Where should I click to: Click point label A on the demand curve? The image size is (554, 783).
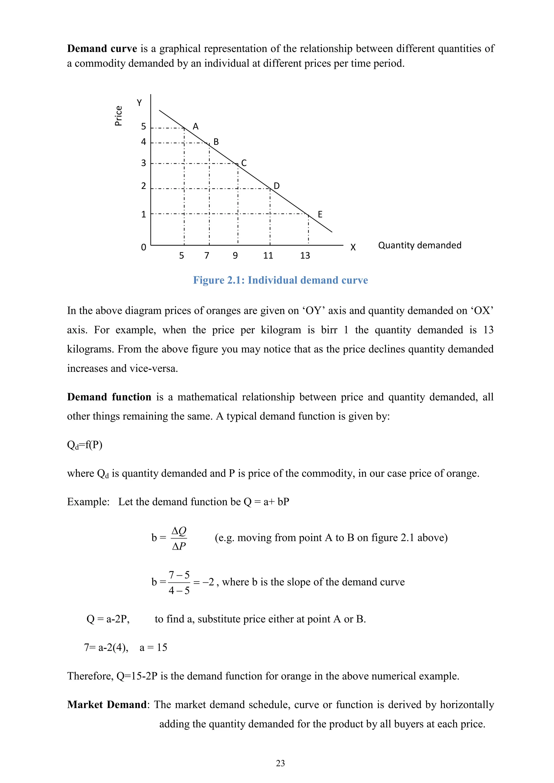coord(196,127)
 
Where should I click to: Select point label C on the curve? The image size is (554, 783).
coord(244,163)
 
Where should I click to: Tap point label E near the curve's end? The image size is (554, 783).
coord(320,214)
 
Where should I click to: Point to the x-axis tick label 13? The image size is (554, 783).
coord(305,256)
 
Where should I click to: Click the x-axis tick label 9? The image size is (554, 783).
coord(235,256)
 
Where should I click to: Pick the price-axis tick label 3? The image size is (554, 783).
coord(144,163)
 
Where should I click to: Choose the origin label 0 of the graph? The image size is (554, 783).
coord(144,247)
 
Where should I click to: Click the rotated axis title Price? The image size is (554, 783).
coord(118,116)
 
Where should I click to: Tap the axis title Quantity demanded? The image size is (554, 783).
coord(420,245)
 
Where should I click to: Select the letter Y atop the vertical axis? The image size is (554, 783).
coord(139,103)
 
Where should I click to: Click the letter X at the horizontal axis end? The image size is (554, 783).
coord(353,247)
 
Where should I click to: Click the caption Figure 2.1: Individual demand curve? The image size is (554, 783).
coord(281,280)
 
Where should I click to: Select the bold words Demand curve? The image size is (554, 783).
coord(102,48)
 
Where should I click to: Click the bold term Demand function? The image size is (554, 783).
coord(109,397)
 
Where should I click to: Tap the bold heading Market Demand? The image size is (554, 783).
coord(107,705)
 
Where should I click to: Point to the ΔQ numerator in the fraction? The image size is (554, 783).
coord(179,531)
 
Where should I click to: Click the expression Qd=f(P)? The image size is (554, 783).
coord(85,445)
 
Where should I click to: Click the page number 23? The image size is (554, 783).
coord(281,763)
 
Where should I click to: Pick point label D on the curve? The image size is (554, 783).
coord(277,186)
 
